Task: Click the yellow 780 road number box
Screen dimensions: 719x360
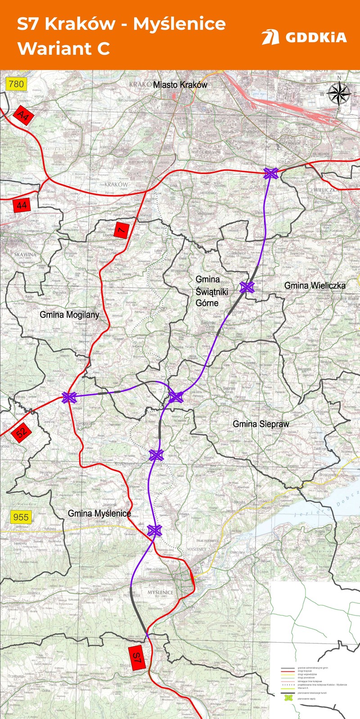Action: [x=16, y=84]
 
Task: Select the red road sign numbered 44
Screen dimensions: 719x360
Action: [x=22, y=205]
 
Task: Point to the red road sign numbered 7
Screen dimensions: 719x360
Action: [x=121, y=230]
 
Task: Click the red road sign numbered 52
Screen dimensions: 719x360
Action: [x=21, y=433]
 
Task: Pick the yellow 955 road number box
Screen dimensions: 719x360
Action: [x=21, y=517]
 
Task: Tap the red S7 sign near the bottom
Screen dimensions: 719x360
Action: [x=137, y=658]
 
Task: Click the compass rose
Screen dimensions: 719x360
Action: [x=339, y=94]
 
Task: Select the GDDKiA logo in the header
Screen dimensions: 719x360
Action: [x=304, y=37]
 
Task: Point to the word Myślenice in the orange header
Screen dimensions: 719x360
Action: [x=179, y=24]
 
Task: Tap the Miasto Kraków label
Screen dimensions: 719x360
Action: [x=180, y=85]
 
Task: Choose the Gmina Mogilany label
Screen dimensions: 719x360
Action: [x=69, y=315]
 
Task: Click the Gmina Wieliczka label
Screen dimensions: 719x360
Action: [x=315, y=285]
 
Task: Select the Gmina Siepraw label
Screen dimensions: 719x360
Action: [x=261, y=424]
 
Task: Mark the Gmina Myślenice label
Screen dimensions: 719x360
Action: [x=99, y=513]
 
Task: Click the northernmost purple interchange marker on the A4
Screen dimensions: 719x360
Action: [x=270, y=173]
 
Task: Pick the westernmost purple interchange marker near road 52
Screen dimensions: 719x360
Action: [x=69, y=397]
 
